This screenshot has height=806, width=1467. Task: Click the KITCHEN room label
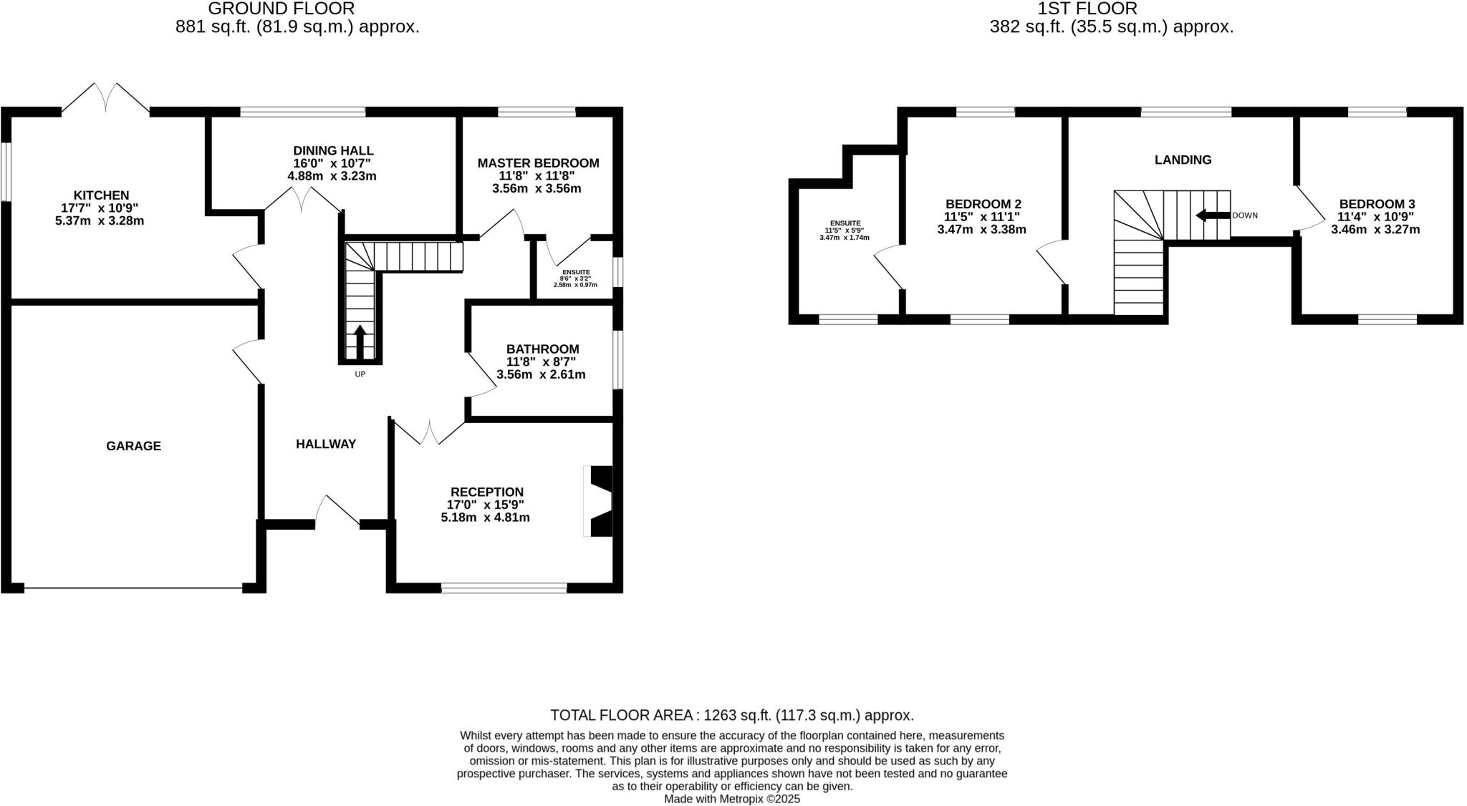point(101,195)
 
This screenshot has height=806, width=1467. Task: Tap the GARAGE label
point(133,446)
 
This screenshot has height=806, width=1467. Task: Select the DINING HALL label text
point(333,150)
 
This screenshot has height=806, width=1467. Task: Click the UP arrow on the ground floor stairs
point(360,341)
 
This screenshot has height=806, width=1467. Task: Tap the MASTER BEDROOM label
point(538,163)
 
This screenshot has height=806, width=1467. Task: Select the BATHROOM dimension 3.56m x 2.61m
point(541,374)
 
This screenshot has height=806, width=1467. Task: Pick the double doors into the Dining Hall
point(302,200)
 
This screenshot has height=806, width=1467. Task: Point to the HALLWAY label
point(326,444)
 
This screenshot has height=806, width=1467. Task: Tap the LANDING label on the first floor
point(1183,160)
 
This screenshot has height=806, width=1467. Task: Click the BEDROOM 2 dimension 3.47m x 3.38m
point(981,230)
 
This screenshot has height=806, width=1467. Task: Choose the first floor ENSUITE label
point(845,223)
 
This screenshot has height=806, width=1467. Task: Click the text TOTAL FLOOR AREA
point(620,715)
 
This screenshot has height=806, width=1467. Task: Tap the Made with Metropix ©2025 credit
point(732,799)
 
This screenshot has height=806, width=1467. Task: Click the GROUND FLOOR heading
point(281,9)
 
